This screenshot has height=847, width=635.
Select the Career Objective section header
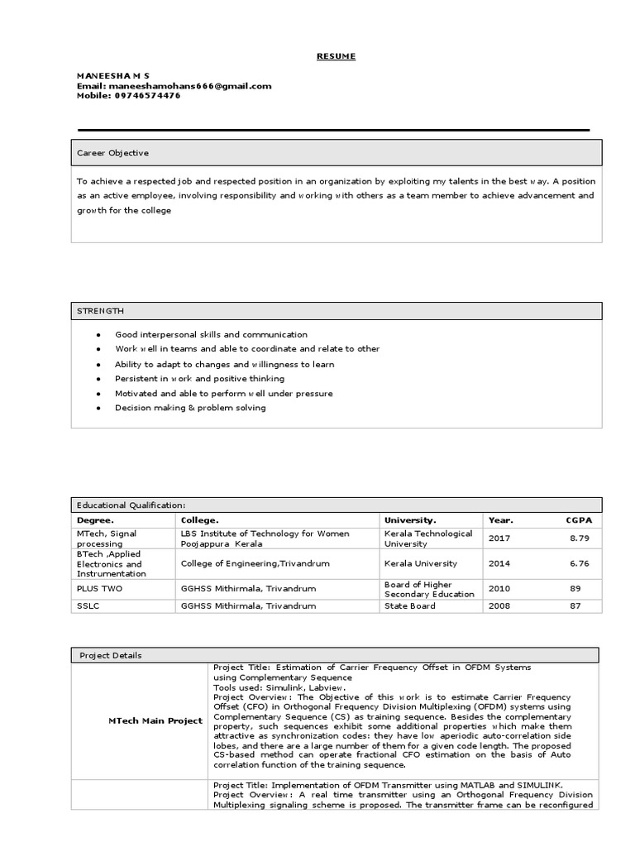click(113, 153)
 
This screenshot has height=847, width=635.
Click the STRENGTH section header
click(101, 310)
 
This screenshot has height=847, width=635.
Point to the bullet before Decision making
click(98, 408)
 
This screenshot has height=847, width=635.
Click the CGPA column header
click(580, 520)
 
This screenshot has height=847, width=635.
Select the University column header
click(410, 520)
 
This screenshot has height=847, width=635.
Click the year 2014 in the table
click(499, 563)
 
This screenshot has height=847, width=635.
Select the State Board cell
click(409, 606)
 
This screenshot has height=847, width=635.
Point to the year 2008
click(499, 606)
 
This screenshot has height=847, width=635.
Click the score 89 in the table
click(575, 589)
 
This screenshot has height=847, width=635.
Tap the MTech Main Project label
click(155, 721)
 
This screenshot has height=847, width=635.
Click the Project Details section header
click(111, 655)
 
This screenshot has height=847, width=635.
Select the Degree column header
click(96, 520)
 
